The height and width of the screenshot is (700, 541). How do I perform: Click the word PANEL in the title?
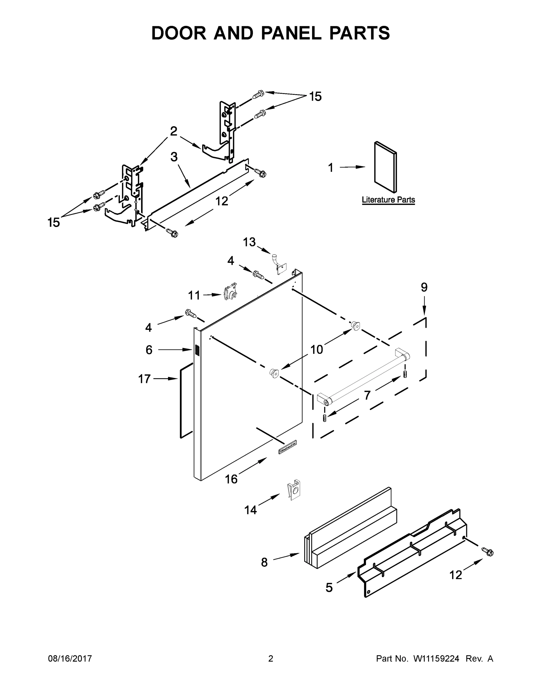pyautogui.click(x=291, y=33)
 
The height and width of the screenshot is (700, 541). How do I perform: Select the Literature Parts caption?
pyautogui.click(x=388, y=200)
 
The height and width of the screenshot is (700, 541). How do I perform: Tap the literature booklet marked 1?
pyautogui.click(x=385, y=167)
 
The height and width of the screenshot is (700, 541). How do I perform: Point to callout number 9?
pyautogui.click(x=424, y=288)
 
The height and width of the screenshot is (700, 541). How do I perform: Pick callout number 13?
pyautogui.click(x=249, y=242)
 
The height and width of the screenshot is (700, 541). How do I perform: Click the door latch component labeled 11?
pyautogui.click(x=230, y=291)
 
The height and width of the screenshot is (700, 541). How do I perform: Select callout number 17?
pyautogui.click(x=144, y=379)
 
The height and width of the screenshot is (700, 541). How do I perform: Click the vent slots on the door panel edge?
pyautogui.click(x=197, y=350)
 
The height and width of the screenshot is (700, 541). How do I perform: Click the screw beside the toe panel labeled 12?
pyautogui.click(x=489, y=552)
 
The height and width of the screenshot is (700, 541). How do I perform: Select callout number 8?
pyautogui.click(x=264, y=562)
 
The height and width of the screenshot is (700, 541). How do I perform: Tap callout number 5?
pyautogui.click(x=329, y=587)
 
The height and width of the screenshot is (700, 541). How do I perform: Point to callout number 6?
pyautogui.click(x=149, y=350)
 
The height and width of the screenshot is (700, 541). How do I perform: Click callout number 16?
pyautogui.click(x=231, y=479)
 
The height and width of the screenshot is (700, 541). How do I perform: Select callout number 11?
pyautogui.click(x=194, y=295)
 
